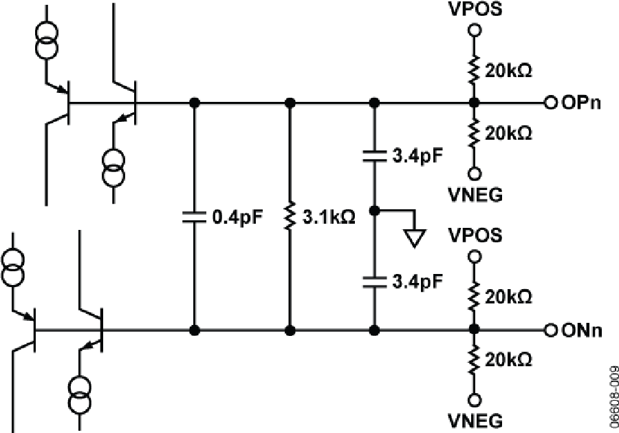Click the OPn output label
pyautogui.click(x=581, y=103)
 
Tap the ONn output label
pyautogui.click(x=582, y=330)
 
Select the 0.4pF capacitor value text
pyautogui.click(x=237, y=217)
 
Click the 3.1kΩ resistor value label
pyautogui.click(x=329, y=217)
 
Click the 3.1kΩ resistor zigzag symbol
pyautogui.click(x=290, y=215)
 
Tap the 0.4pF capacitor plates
pyautogui.click(x=194, y=217)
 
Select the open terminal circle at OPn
pyautogui.click(x=550, y=103)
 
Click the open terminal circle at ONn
pyautogui.click(x=550, y=330)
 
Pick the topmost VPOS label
pyautogui.click(x=475, y=9)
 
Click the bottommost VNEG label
pyautogui.click(x=476, y=421)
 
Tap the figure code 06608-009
pyautogui.click(x=613, y=397)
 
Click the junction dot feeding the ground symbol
pyautogui.click(x=375, y=211)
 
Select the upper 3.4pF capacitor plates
pyautogui.click(x=375, y=156)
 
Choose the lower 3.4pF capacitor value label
pyautogui.click(x=417, y=282)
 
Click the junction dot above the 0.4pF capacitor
pyautogui.click(x=194, y=103)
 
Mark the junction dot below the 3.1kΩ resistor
pyautogui.click(x=290, y=330)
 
